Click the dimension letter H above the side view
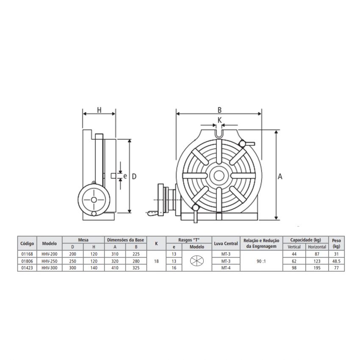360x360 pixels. coord(99,110)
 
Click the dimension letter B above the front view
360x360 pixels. coord(219,109)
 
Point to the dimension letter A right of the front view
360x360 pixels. coord(280,177)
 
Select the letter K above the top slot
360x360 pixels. coord(219,120)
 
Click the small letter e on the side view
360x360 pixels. coord(125,175)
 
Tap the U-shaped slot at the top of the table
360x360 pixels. coord(219,134)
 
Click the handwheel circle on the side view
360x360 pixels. coord(93,199)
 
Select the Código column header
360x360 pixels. coord(27,244)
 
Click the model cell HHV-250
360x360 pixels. coord(50,261)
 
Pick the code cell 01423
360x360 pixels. coord(27,268)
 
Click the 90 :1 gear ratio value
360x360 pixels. coord(261,261)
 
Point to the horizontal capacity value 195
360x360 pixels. coord(317,268)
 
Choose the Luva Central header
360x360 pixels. coord(225,244)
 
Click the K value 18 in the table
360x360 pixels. coord(156,261)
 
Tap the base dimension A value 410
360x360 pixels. coord(114,268)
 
